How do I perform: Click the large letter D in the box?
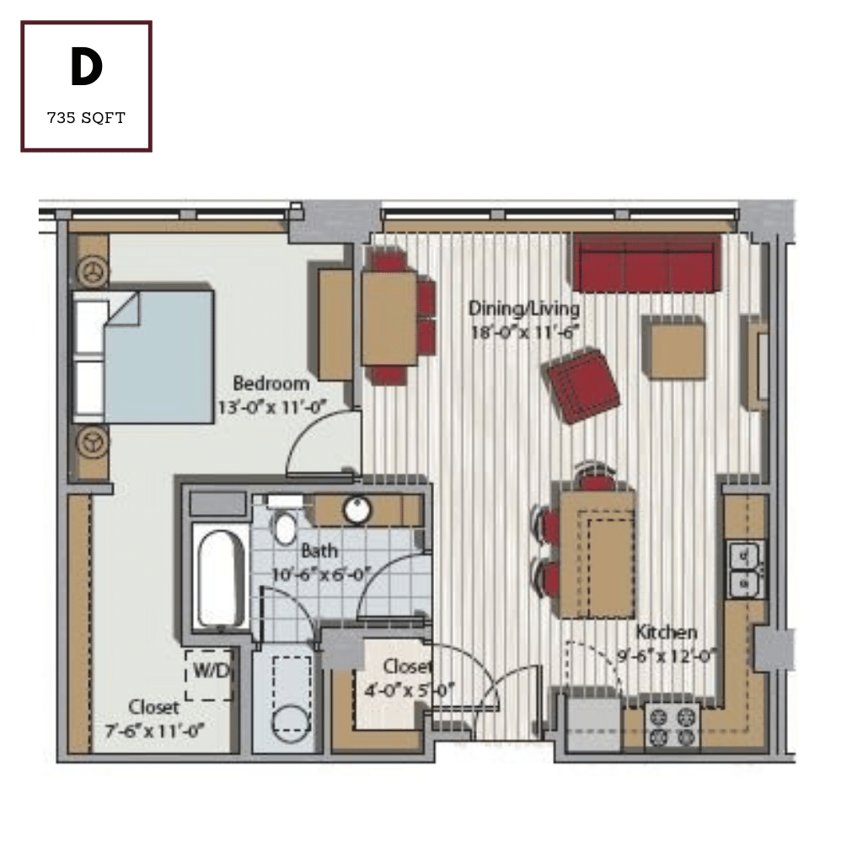pyautogui.click(x=87, y=67)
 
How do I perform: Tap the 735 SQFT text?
pyautogui.click(x=87, y=118)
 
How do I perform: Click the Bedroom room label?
pyautogui.click(x=271, y=383)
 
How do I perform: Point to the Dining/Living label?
pyautogui.click(x=524, y=308)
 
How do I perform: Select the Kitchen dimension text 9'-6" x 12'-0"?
pyautogui.click(x=667, y=656)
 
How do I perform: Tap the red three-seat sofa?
pyautogui.click(x=646, y=263)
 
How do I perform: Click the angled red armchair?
pyautogui.click(x=581, y=385)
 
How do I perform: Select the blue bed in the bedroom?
pyautogui.click(x=143, y=356)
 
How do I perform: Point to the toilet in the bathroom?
pyautogui.click(x=285, y=528)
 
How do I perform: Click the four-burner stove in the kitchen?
pyautogui.click(x=672, y=726)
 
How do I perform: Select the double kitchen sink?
pyautogui.click(x=746, y=570)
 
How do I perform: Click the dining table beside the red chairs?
pyautogui.click(x=389, y=318)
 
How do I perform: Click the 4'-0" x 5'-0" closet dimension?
pyautogui.click(x=410, y=690)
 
